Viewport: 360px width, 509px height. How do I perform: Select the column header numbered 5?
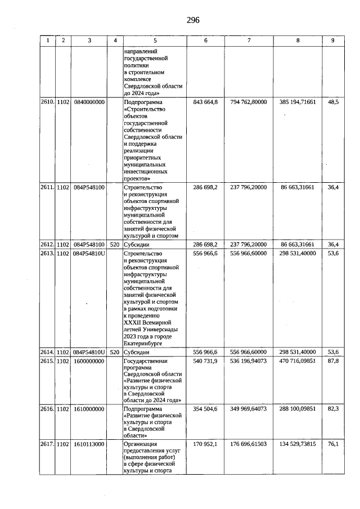[x=155, y=40]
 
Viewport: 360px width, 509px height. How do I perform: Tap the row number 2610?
[x=47, y=102]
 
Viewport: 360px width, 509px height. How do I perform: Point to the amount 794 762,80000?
[x=248, y=102]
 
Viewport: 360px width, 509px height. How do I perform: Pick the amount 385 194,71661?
[x=298, y=102]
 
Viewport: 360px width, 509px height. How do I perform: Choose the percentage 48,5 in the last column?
[x=333, y=102]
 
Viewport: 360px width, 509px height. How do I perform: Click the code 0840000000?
[x=89, y=102]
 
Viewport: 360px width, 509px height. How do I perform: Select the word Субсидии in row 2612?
[x=137, y=245]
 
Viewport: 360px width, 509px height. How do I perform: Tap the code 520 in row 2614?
[x=115, y=352]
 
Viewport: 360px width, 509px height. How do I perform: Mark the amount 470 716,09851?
[x=298, y=360]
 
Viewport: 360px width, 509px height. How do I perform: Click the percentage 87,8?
[x=333, y=360]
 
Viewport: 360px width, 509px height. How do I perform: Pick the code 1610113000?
[x=89, y=444]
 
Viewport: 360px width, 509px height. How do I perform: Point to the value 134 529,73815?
[x=298, y=444]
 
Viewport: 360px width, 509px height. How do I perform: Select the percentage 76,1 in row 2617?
[x=333, y=444]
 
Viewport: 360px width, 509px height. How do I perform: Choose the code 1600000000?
[x=89, y=360]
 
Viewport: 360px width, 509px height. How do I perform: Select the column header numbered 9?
[x=332, y=40]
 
